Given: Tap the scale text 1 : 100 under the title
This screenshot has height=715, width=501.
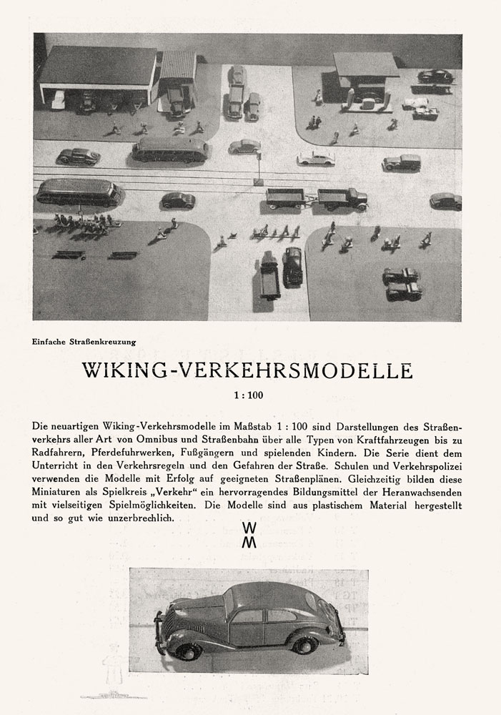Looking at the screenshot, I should pos(250,394).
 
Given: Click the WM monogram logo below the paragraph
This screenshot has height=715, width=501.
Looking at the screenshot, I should pos(249,534).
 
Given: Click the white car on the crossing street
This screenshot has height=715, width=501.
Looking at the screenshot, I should pos(315,158).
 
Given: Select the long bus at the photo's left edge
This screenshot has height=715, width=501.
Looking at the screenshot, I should pos(79,192).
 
